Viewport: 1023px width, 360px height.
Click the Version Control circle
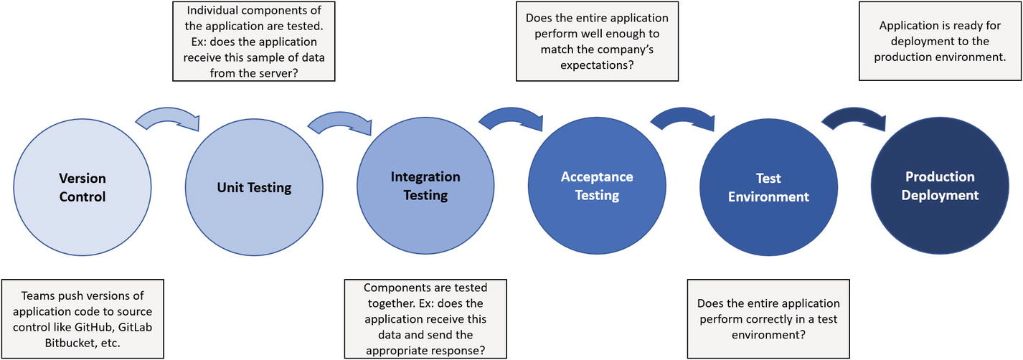coord(82,186)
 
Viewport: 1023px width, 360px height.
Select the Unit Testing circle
coord(254,188)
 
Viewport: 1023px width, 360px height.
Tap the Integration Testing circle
coord(425,186)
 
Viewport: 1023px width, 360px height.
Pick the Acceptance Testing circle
coord(597,186)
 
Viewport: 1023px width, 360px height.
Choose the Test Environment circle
coord(768,187)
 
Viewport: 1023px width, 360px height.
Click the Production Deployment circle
coord(940,186)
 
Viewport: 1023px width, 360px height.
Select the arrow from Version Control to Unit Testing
coord(167,120)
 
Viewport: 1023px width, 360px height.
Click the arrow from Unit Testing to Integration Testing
coord(339,123)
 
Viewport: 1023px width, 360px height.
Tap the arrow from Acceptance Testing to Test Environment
coord(682,119)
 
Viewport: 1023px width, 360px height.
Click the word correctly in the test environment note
coord(781,319)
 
